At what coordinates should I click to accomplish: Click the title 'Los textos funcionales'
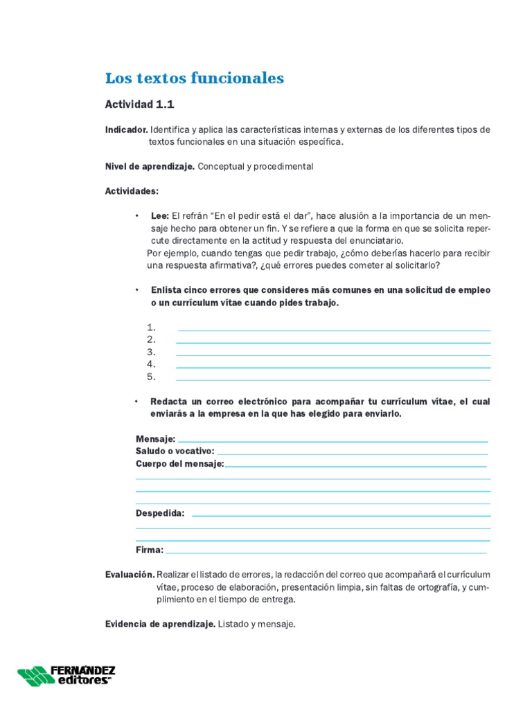[194, 78]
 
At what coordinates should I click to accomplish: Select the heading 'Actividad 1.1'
[139, 105]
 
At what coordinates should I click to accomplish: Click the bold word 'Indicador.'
[126, 129]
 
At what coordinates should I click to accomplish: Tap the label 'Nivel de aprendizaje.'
[150, 166]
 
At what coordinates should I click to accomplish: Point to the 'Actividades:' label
[132, 190]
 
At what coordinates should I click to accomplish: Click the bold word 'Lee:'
[160, 215]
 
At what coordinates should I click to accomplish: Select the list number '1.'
[152, 327]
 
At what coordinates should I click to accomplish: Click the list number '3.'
[152, 352]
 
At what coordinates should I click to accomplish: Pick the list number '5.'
[152, 377]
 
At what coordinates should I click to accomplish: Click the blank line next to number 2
[333, 342]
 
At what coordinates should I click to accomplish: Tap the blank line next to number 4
[333, 367]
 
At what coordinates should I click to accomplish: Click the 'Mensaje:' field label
[156, 439]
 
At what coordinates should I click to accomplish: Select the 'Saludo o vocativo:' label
[175, 451]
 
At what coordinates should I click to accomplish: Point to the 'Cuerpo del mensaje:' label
[180, 464]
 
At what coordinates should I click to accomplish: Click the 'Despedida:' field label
[160, 513]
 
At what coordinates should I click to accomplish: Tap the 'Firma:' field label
[150, 550]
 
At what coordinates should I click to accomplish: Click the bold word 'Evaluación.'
[130, 575]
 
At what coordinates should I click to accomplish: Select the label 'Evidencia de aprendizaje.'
[160, 624]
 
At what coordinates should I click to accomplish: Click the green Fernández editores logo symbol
[33, 676]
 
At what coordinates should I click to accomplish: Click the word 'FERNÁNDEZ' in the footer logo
[82, 670]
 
